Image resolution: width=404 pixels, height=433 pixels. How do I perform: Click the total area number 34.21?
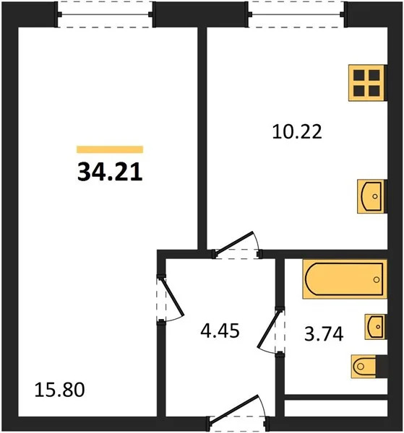108,172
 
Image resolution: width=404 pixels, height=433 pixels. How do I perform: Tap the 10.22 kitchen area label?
296,132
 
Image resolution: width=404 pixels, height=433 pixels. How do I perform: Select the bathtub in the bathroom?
343,279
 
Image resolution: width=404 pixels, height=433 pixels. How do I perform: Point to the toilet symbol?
365,367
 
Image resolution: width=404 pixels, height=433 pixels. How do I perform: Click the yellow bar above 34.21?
109,149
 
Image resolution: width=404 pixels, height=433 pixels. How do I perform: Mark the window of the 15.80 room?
106,14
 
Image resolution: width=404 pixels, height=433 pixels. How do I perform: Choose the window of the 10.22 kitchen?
296,14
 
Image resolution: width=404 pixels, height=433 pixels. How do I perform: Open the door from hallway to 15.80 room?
170,298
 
